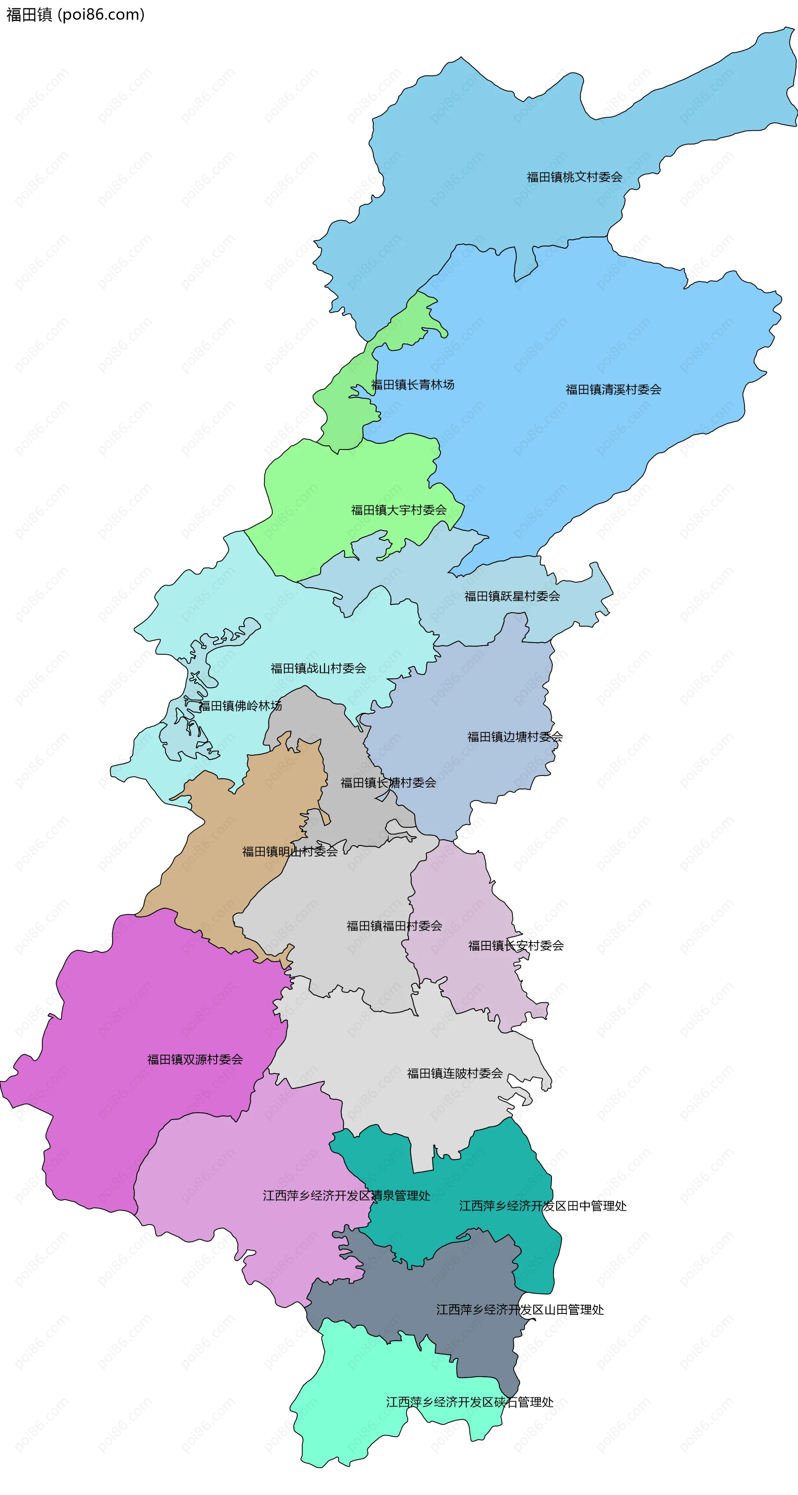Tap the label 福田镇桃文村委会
click(x=574, y=177)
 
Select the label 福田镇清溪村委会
click(x=613, y=389)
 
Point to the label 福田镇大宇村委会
click(x=399, y=510)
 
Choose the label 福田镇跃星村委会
click(x=512, y=596)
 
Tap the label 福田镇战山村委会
click(x=318, y=668)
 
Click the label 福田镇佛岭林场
click(x=241, y=706)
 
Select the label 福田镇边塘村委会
click(x=515, y=737)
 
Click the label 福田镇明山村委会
click(x=290, y=852)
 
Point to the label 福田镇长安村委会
click(x=516, y=945)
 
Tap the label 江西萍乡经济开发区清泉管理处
click(x=346, y=1196)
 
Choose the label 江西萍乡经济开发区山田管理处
click(x=520, y=1309)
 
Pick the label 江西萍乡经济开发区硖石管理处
click(x=469, y=1402)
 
